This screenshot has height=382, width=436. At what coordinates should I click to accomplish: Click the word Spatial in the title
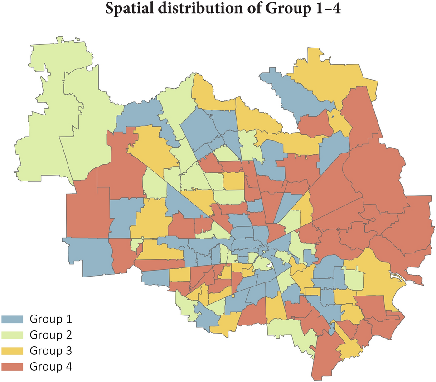[x=128, y=9]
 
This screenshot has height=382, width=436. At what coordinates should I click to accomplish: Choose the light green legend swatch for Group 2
[x=13, y=335]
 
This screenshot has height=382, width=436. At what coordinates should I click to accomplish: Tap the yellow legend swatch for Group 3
[x=13, y=351]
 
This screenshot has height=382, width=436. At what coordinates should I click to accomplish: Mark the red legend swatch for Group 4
[x=13, y=366]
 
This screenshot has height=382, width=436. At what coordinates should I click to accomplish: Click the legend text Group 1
[x=51, y=319]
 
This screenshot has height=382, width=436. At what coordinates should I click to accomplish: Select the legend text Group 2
[x=51, y=335]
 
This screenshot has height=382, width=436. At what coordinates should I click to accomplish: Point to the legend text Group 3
[x=51, y=351]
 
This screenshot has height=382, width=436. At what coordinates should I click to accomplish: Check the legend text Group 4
[x=51, y=366]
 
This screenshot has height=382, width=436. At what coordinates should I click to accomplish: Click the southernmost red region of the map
[x=325, y=358]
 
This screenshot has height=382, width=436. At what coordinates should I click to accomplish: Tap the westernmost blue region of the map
[x=88, y=256]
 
